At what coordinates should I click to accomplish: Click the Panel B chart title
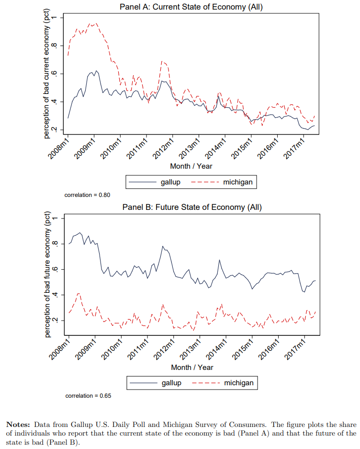(192, 207)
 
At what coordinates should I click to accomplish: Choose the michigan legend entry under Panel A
(237, 182)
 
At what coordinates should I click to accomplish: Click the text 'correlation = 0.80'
(87, 195)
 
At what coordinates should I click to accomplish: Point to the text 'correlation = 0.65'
(88, 396)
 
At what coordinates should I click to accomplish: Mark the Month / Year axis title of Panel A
(191, 166)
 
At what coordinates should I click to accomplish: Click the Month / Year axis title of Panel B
(192, 367)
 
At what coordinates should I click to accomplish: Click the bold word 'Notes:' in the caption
(18, 425)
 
